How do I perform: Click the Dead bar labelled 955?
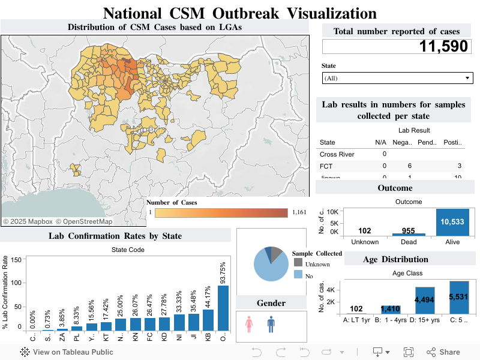coord(408,234)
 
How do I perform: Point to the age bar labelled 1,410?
coord(391,309)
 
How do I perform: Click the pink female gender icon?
coord(249,325)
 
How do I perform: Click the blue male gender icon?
coord(271,325)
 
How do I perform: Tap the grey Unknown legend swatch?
coord(298,264)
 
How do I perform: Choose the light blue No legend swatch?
coord(298,274)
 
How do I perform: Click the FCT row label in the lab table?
coord(326,166)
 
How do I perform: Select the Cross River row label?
coord(337,154)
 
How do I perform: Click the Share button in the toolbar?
coord(443,352)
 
